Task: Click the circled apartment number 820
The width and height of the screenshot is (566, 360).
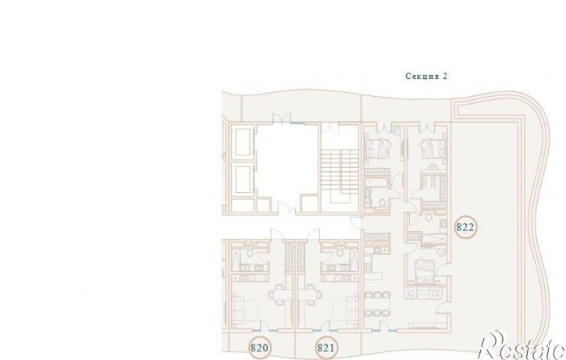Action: (259, 348)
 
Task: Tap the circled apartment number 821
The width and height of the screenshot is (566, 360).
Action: (326, 348)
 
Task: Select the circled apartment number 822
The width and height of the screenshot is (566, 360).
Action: (465, 227)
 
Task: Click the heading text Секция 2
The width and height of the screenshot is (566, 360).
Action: (426, 76)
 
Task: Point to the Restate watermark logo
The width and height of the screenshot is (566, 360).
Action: (522, 346)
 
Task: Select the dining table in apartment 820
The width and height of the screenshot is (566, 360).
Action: (279, 295)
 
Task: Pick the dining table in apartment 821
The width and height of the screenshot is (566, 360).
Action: (310, 295)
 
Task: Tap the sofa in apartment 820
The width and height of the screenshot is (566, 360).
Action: (239, 309)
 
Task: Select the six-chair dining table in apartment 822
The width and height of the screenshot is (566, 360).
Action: (377, 304)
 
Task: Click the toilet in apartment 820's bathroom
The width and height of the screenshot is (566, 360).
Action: (250, 252)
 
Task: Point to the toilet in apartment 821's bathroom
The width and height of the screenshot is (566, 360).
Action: (340, 252)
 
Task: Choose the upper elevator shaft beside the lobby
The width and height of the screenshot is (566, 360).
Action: (243, 142)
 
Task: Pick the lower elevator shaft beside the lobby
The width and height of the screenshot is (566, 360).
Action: (243, 180)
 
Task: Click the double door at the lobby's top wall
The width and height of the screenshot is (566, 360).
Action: (282, 118)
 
